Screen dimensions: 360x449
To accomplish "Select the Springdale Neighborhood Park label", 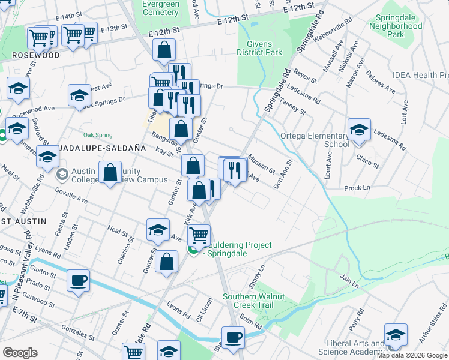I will click(x=396, y=26).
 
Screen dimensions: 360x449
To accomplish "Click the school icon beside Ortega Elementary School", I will click(x=359, y=131).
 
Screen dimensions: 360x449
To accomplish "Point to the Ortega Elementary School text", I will click(x=315, y=140).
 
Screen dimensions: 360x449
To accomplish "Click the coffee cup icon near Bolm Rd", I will click(x=233, y=337).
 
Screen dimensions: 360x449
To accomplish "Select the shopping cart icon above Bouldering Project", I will click(x=198, y=235).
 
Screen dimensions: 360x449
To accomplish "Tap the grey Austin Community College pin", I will click(x=62, y=175).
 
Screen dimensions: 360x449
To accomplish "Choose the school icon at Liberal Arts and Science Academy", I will click(x=396, y=334).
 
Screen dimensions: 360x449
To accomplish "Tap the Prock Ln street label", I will click(x=357, y=188).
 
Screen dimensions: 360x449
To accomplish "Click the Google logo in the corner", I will click(x=20, y=352).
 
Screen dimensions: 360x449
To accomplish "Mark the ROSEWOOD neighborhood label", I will click(x=35, y=55).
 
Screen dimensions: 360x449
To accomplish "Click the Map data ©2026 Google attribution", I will click(x=412, y=355).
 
